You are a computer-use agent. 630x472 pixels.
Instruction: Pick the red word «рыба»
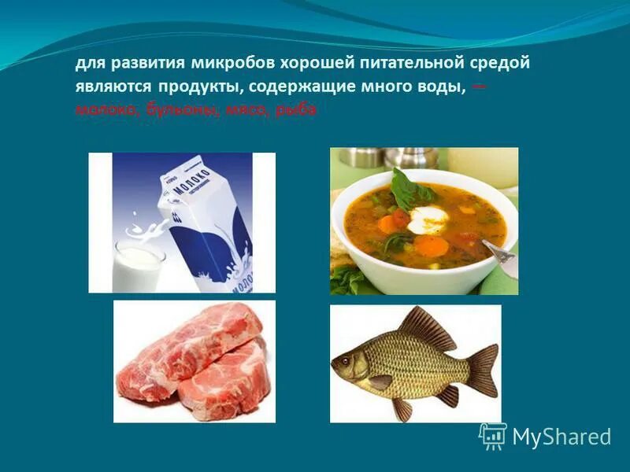[x=298, y=111]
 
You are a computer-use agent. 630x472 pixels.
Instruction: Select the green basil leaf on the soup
[x=409, y=189]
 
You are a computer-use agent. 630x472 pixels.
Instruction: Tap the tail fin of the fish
[x=480, y=370]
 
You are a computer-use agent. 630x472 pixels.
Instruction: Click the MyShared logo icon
[x=493, y=436]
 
